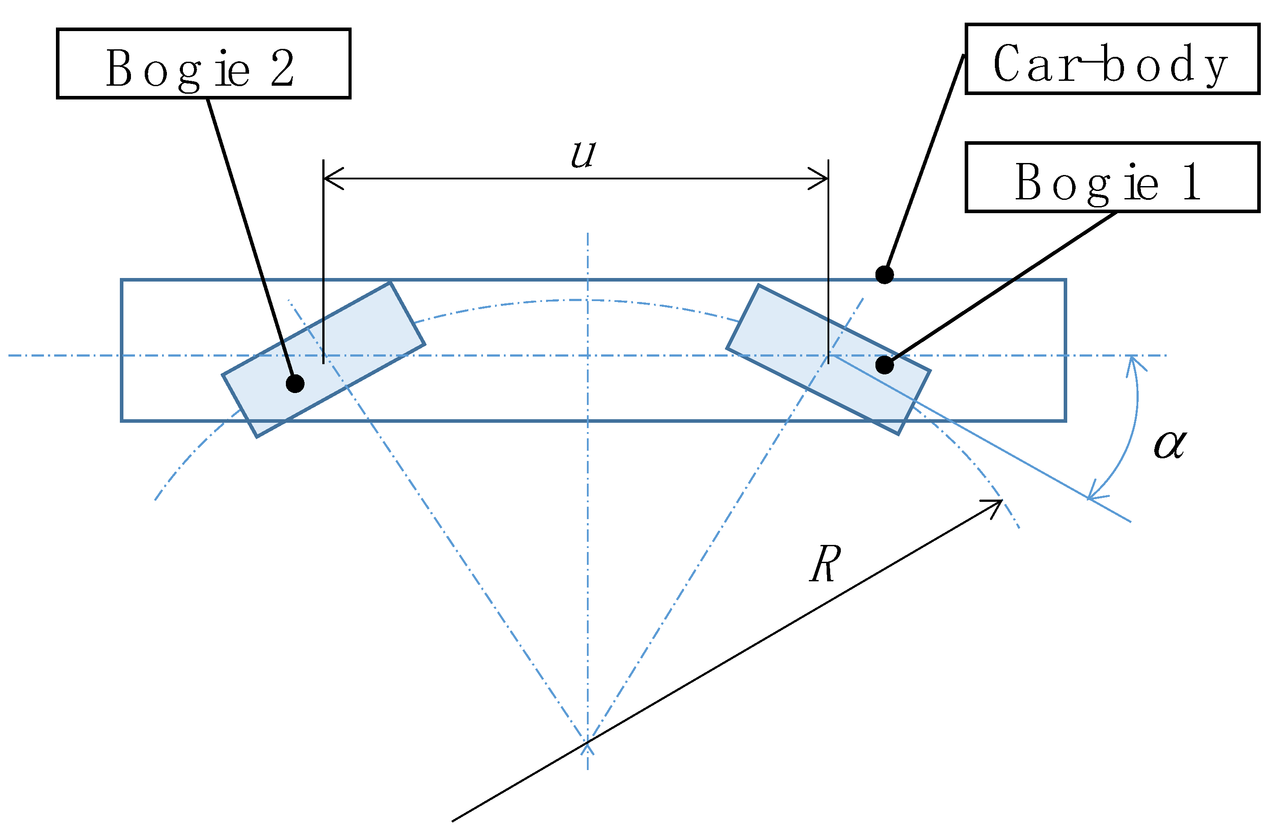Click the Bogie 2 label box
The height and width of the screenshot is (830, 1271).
click(203, 64)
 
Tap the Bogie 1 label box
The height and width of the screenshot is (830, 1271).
click(1112, 178)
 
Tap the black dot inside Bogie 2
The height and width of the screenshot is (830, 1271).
click(295, 384)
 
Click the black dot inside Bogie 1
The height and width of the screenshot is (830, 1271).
click(884, 365)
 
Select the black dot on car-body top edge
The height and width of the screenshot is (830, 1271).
click(884, 275)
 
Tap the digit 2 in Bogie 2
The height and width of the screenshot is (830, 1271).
click(282, 68)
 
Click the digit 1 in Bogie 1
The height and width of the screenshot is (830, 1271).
click(1192, 182)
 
